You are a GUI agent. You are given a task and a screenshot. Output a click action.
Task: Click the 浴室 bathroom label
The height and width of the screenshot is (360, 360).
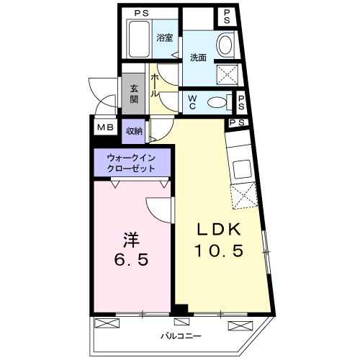165,38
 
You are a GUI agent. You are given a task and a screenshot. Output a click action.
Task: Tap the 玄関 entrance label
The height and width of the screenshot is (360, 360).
134,94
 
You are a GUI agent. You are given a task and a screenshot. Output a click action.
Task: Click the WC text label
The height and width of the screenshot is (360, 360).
194,102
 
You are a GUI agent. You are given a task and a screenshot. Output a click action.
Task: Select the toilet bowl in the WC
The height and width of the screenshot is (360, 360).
217,102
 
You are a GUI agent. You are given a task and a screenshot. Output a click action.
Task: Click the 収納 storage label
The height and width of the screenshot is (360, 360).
134,130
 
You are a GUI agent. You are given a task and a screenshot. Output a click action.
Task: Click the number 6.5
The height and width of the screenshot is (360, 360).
130,259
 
